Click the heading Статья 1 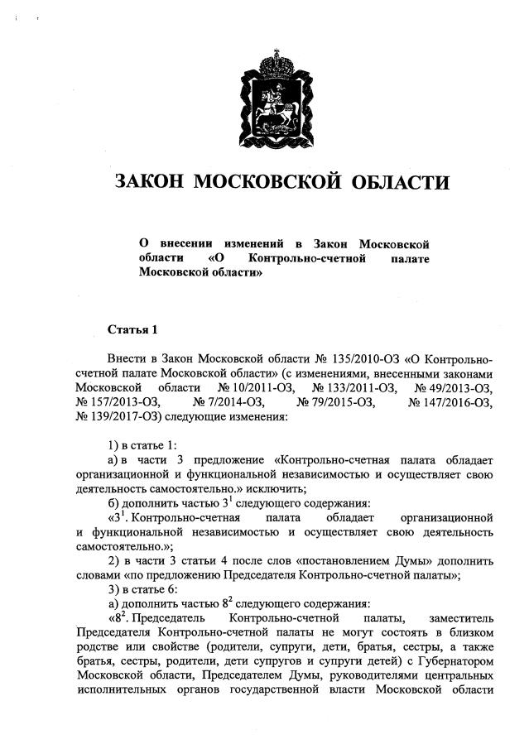coord(132,330)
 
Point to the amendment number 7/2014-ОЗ coord(228,402)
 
